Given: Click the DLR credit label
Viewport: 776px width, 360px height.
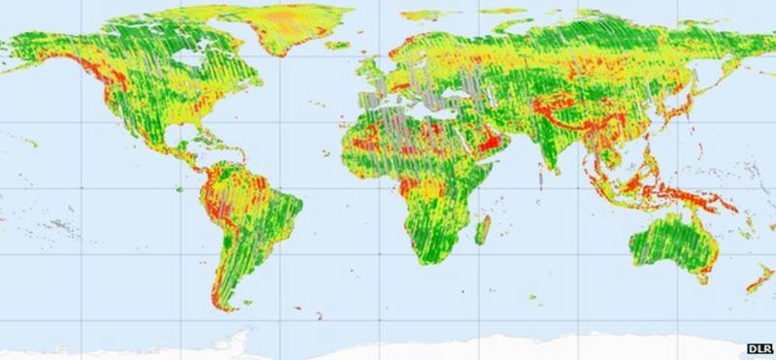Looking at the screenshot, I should pyautogui.click(x=759, y=347).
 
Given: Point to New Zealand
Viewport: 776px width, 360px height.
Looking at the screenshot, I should pyautogui.click(x=759, y=280).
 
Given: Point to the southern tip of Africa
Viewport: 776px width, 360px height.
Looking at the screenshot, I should pyautogui.click(x=427, y=260).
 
